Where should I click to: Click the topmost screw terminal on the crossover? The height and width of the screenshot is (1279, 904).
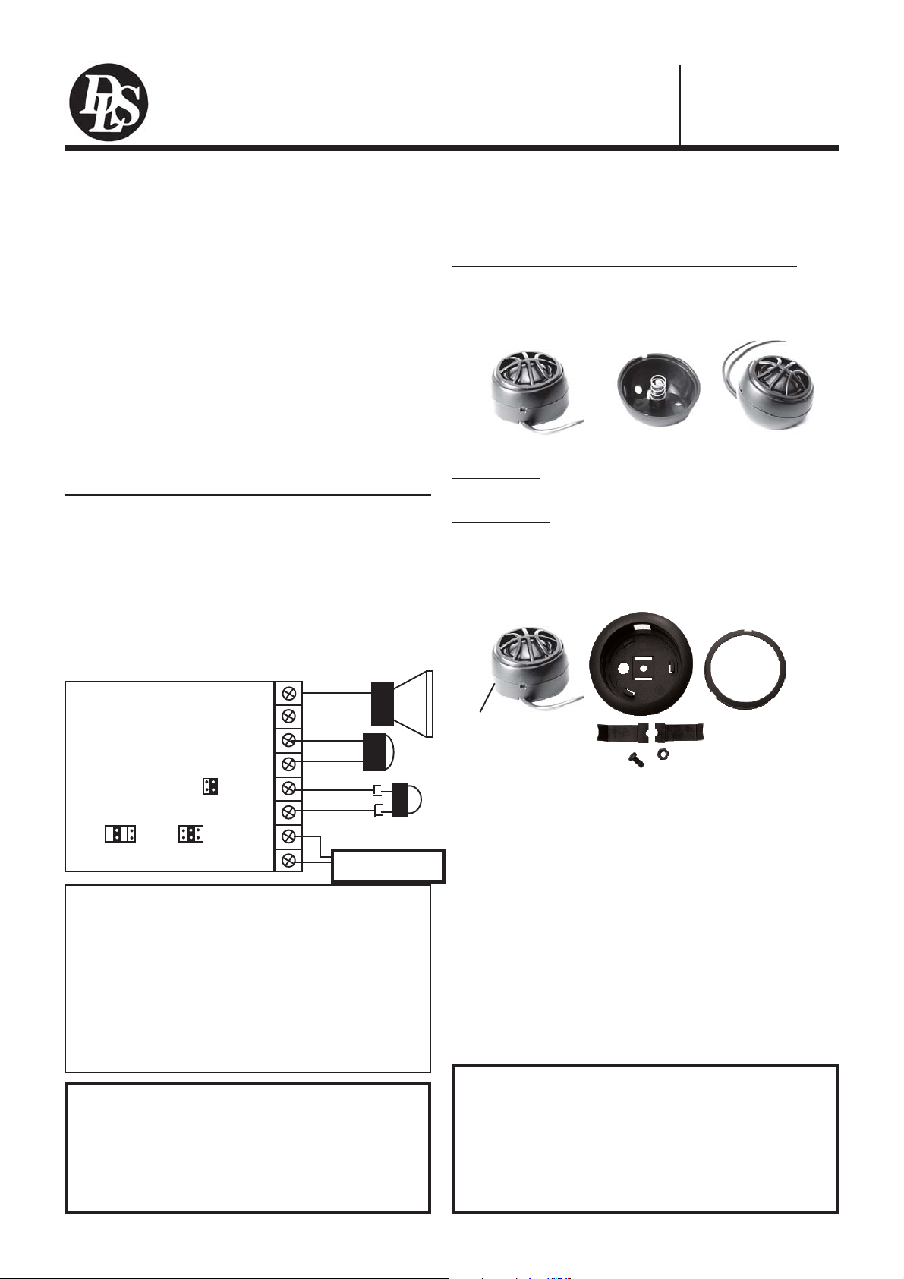tap(288, 693)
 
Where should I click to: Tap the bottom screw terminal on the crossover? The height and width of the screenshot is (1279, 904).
tap(288, 860)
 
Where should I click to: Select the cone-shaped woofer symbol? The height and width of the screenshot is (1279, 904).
tap(402, 704)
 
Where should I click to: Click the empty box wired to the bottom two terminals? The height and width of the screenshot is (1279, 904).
tap(388, 866)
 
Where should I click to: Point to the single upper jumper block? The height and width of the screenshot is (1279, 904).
tap(210, 786)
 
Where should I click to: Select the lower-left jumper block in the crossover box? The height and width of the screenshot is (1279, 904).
tap(120, 833)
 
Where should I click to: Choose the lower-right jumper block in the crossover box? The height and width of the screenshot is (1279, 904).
tap(191, 833)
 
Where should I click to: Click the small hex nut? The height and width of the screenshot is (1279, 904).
tap(663, 757)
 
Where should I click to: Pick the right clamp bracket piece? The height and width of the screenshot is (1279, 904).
tap(681, 733)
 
